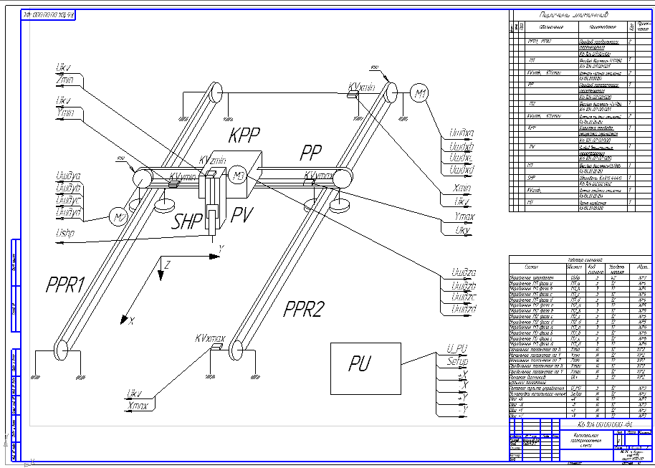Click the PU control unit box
click(365, 367)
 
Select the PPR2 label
click(307, 308)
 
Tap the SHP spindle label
click(188, 220)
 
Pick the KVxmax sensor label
click(210, 338)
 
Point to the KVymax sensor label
click(317, 175)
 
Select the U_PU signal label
click(456, 348)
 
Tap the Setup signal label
click(456, 360)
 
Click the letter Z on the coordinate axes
click(167, 265)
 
